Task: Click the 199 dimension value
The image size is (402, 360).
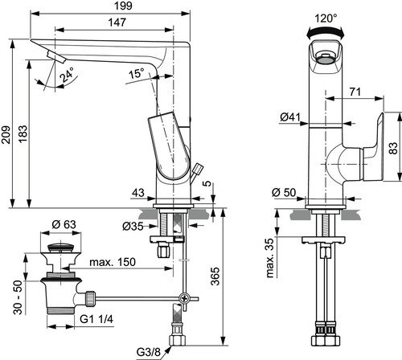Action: tap(123, 6)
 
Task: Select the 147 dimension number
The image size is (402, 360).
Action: tap(117, 22)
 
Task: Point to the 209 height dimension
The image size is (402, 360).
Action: tap(6, 134)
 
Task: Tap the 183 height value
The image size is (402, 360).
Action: tap(23, 133)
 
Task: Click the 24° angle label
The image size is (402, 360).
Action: tap(67, 75)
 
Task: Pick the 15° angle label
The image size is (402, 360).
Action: tap(137, 73)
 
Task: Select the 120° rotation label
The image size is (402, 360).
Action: tap(326, 18)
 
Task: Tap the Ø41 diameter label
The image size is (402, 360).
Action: tap(290, 117)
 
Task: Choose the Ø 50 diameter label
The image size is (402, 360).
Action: tap(284, 192)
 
